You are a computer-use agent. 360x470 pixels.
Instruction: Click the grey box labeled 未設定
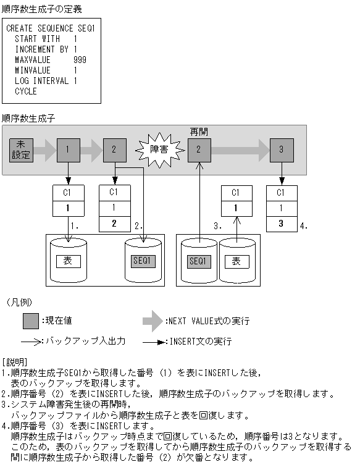click(x=21, y=150)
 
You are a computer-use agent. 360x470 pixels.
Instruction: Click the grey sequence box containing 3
click(x=282, y=149)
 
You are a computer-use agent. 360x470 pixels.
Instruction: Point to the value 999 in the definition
click(x=79, y=60)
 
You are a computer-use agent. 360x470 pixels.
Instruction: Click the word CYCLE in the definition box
click(x=26, y=91)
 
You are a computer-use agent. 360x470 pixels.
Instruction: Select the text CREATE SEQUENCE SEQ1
click(x=51, y=28)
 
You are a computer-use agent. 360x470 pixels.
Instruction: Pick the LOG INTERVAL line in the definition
click(x=46, y=81)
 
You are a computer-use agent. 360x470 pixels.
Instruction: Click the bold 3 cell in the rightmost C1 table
click(x=282, y=224)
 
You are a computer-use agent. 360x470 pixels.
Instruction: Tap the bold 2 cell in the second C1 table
click(x=114, y=224)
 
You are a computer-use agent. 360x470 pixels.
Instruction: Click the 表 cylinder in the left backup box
click(x=68, y=261)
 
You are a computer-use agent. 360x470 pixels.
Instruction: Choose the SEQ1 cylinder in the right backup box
click(x=198, y=261)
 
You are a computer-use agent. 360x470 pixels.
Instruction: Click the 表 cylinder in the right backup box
click(x=235, y=261)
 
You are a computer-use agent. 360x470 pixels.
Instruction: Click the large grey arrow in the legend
click(x=153, y=321)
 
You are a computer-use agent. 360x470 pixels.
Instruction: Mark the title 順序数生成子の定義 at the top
click(x=41, y=9)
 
